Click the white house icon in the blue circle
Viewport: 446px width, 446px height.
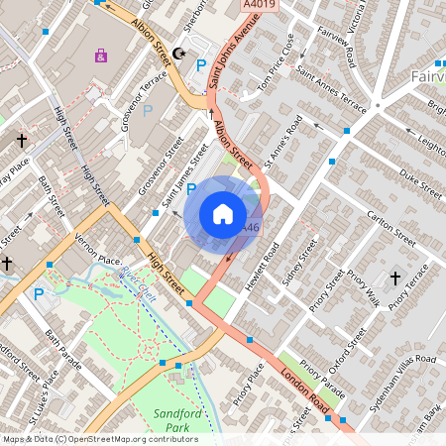coord(222,213)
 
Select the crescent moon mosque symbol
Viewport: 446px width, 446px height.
coord(179,53)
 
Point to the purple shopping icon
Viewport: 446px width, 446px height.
coord(100,56)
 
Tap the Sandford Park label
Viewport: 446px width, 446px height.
coord(177,419)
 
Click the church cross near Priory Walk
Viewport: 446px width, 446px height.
coord(394,279)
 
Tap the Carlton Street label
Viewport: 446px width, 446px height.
coord(390,226)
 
